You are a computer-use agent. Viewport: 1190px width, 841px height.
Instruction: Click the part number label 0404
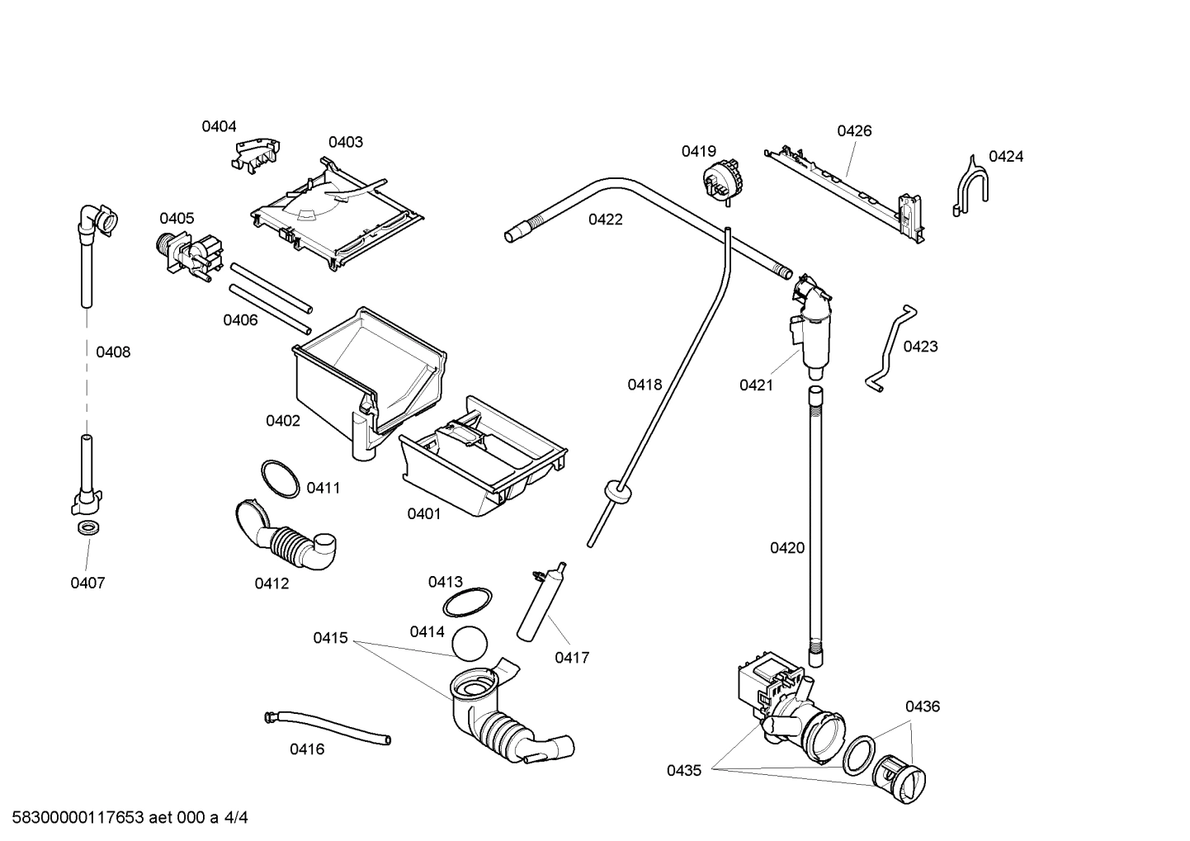click(x=219, y=126)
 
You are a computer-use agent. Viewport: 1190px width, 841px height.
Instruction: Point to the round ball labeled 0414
click(x=471, y=643)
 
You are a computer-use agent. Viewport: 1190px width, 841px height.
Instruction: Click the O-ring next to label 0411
click(x=280, y=479)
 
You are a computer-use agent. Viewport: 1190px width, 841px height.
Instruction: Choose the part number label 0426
click(x=854, y=130)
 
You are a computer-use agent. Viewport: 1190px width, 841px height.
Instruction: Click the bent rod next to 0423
click(x=888, y=347)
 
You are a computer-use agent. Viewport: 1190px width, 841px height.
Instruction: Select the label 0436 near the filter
click(x=922, y=706)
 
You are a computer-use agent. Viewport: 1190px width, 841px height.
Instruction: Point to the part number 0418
click(x=645, y=384)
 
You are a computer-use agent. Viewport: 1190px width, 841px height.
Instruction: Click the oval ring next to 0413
click(x=467, y=602)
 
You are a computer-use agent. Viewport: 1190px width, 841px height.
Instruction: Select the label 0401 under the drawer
click(x=423, y=514)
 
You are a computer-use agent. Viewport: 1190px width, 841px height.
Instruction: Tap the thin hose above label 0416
click(x=328, y=726)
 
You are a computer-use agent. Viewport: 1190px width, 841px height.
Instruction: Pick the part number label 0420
click(x=786, y=548)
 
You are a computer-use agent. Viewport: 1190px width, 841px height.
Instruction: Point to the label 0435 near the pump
click(x=684, y=771)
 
